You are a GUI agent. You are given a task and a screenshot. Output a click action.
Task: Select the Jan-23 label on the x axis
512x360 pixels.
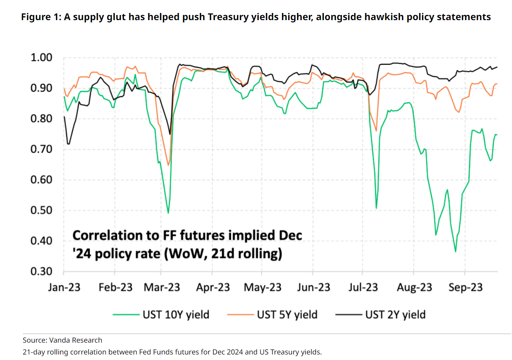pos(64,287)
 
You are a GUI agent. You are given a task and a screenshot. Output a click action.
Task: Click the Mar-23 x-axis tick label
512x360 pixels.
pos(161,287)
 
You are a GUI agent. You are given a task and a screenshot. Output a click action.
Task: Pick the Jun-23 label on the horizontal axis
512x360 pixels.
pos(313,287)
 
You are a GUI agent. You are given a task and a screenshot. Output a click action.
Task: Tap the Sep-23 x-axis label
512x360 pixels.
pos(465,287)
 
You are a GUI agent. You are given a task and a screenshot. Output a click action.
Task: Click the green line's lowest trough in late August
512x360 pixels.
pos(456,251)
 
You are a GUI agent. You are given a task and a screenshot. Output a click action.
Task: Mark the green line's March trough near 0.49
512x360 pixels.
pos(168,213)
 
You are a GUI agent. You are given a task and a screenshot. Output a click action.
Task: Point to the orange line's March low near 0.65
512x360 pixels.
pos(168,165)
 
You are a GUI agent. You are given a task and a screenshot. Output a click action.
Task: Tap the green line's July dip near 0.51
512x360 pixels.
pos(376,208)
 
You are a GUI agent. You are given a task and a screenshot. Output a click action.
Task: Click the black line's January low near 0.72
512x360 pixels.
pos(69,144)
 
